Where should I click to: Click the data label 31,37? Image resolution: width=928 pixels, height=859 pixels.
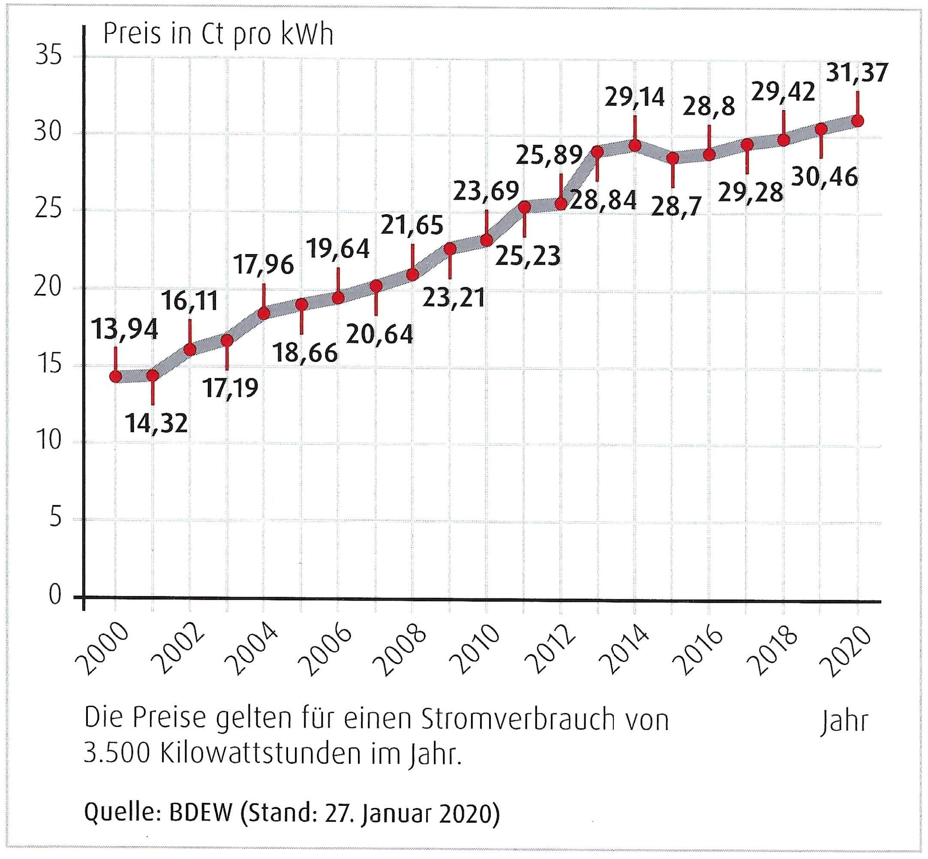click(x=857, y=73)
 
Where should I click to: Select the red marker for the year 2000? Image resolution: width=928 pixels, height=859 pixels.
click(x=116, y=376)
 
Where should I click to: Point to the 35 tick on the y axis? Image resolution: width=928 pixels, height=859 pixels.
click(x=48, y=56)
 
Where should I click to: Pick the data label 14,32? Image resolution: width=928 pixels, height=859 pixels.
click(x=157, y=423)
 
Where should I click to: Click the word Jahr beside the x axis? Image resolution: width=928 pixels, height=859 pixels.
click(x=844, y=721)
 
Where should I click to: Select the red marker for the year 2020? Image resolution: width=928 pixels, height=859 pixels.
click(x=858, y=121)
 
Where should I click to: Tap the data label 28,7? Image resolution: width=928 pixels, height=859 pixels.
click(x=676, y=207)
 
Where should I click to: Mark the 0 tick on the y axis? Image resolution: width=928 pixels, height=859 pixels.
click(x=55, y=595)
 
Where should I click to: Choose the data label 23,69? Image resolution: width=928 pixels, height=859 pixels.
click(x=486, y=191)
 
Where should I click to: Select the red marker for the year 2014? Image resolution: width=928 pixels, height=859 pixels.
click(x=635, y=146)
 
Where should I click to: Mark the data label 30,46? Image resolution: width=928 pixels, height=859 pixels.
click(x=824, y=177)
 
